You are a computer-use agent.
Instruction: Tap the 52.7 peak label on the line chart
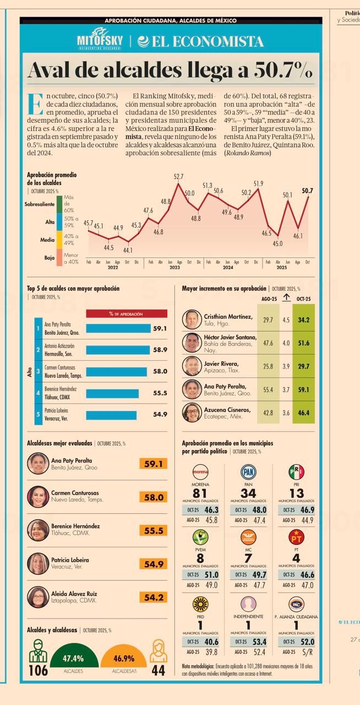pos(178,176)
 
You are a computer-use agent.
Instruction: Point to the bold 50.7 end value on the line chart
pos(307,191)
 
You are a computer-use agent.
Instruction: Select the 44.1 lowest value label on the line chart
pos(128,250)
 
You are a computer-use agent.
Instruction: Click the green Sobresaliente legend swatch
pos(59,204)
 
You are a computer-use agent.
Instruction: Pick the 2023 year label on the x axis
pos(174,268)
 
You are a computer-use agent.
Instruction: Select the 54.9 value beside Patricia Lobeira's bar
pos(160,414)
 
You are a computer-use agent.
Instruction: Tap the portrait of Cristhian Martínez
pos(192,320)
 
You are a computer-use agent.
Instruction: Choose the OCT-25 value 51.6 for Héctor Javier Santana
pos(303,343)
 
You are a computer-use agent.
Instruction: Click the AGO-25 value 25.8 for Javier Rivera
pos(268,366)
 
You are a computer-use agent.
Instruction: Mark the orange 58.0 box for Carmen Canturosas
pos(153,497)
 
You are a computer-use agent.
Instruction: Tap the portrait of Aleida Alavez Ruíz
pos(38,597)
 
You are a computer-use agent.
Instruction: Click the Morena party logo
pos(200,472)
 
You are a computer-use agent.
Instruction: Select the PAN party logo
pos(248,472)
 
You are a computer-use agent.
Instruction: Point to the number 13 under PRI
pos(296,494)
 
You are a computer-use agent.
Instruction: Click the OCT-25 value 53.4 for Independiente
pos(254,642)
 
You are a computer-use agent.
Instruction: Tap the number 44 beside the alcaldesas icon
pos(158,670)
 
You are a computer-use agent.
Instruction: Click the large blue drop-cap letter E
pos(35,105)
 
